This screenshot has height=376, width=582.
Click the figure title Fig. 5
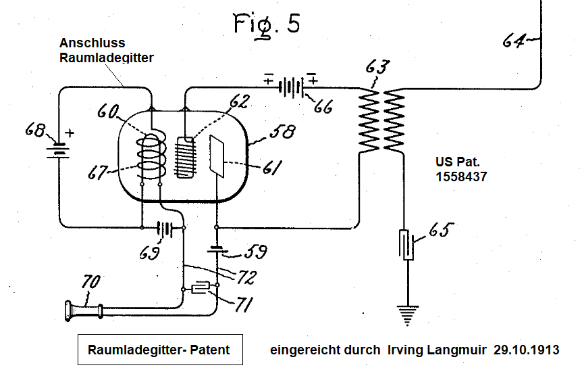267,24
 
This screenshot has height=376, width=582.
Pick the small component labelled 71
200,289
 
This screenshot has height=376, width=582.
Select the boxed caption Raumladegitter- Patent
158,350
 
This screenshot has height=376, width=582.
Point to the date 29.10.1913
526,350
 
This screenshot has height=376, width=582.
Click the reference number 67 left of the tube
101,173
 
